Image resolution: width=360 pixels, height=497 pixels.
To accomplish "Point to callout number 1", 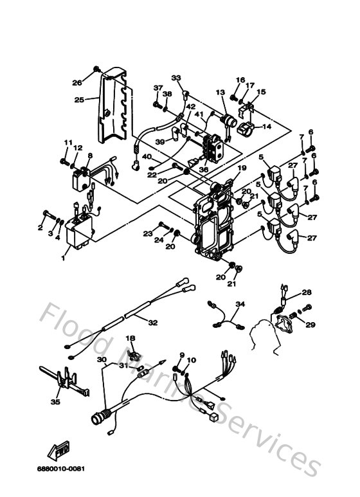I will [64, 258].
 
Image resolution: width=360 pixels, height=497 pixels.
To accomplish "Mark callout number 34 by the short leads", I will [240, 304].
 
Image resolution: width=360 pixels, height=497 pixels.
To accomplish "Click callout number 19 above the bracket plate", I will [240, 168].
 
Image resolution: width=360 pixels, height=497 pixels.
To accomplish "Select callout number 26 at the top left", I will [76, 82].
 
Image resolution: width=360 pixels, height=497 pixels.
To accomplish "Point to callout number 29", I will [310, 325].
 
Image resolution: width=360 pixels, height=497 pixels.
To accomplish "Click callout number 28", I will [307, 293].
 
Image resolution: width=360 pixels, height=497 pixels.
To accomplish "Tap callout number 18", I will [130, 338].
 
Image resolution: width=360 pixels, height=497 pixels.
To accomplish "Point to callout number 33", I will [176, 78].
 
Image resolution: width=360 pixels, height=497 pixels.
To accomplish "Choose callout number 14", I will [267, 127].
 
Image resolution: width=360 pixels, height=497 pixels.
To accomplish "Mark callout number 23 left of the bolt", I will [147, 233].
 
